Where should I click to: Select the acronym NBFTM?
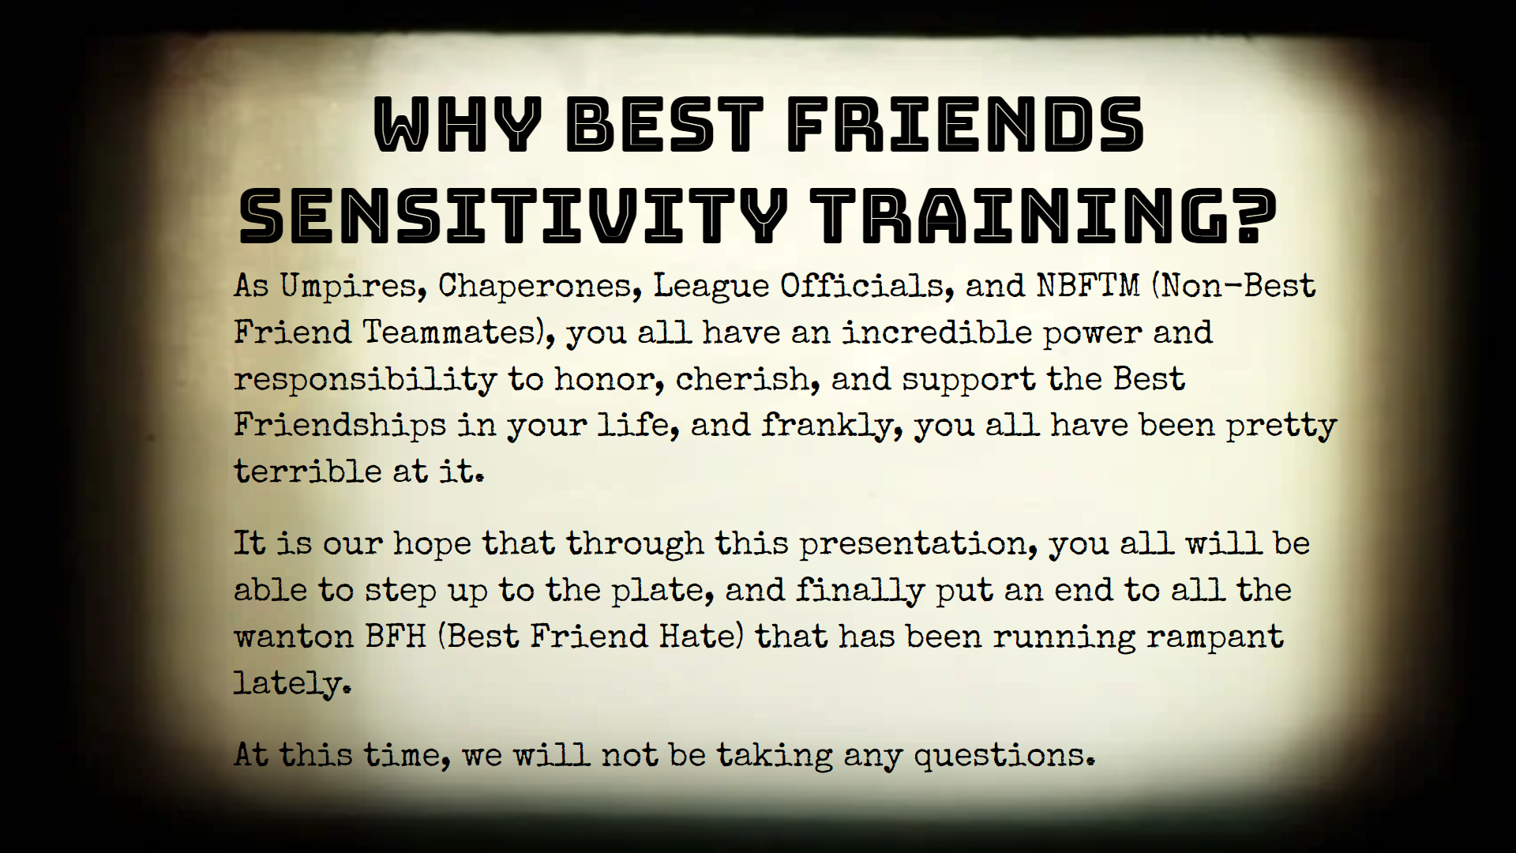1089,285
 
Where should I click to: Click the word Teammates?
449,332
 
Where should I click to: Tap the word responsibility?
365,380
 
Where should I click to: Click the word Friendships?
340,426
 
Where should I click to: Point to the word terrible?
308,472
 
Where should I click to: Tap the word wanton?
293,637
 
